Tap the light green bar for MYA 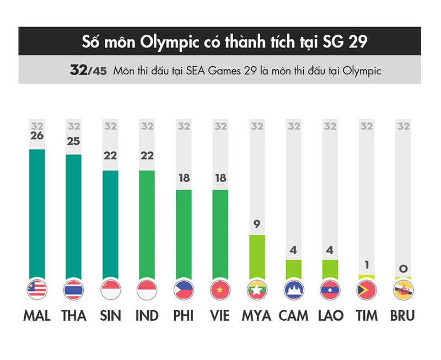[x=257, y=256]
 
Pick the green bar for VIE [x=220, y=234]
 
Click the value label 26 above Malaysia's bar [x=37, y=136]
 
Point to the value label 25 [x=73, y=142]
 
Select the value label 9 [x=257, y=224]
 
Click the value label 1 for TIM [x=367, y=265]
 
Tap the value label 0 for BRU [x=404, y=268]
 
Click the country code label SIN [x=110, y=316]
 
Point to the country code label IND [x=147, y=316]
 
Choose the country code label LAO [x=330, y=316]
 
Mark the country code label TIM [x=367, y=316]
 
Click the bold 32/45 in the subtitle [x=88, y=71]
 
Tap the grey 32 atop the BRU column [x=404, y=126]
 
